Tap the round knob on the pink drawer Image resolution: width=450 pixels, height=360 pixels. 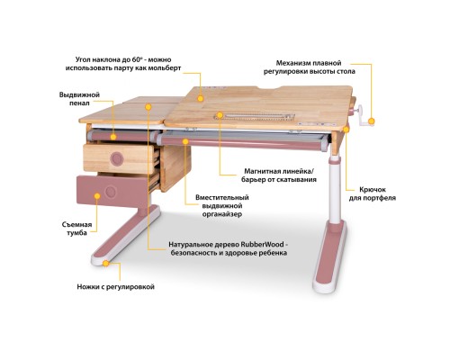coord(112,191)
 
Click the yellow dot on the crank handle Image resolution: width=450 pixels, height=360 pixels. coord(369,121)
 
